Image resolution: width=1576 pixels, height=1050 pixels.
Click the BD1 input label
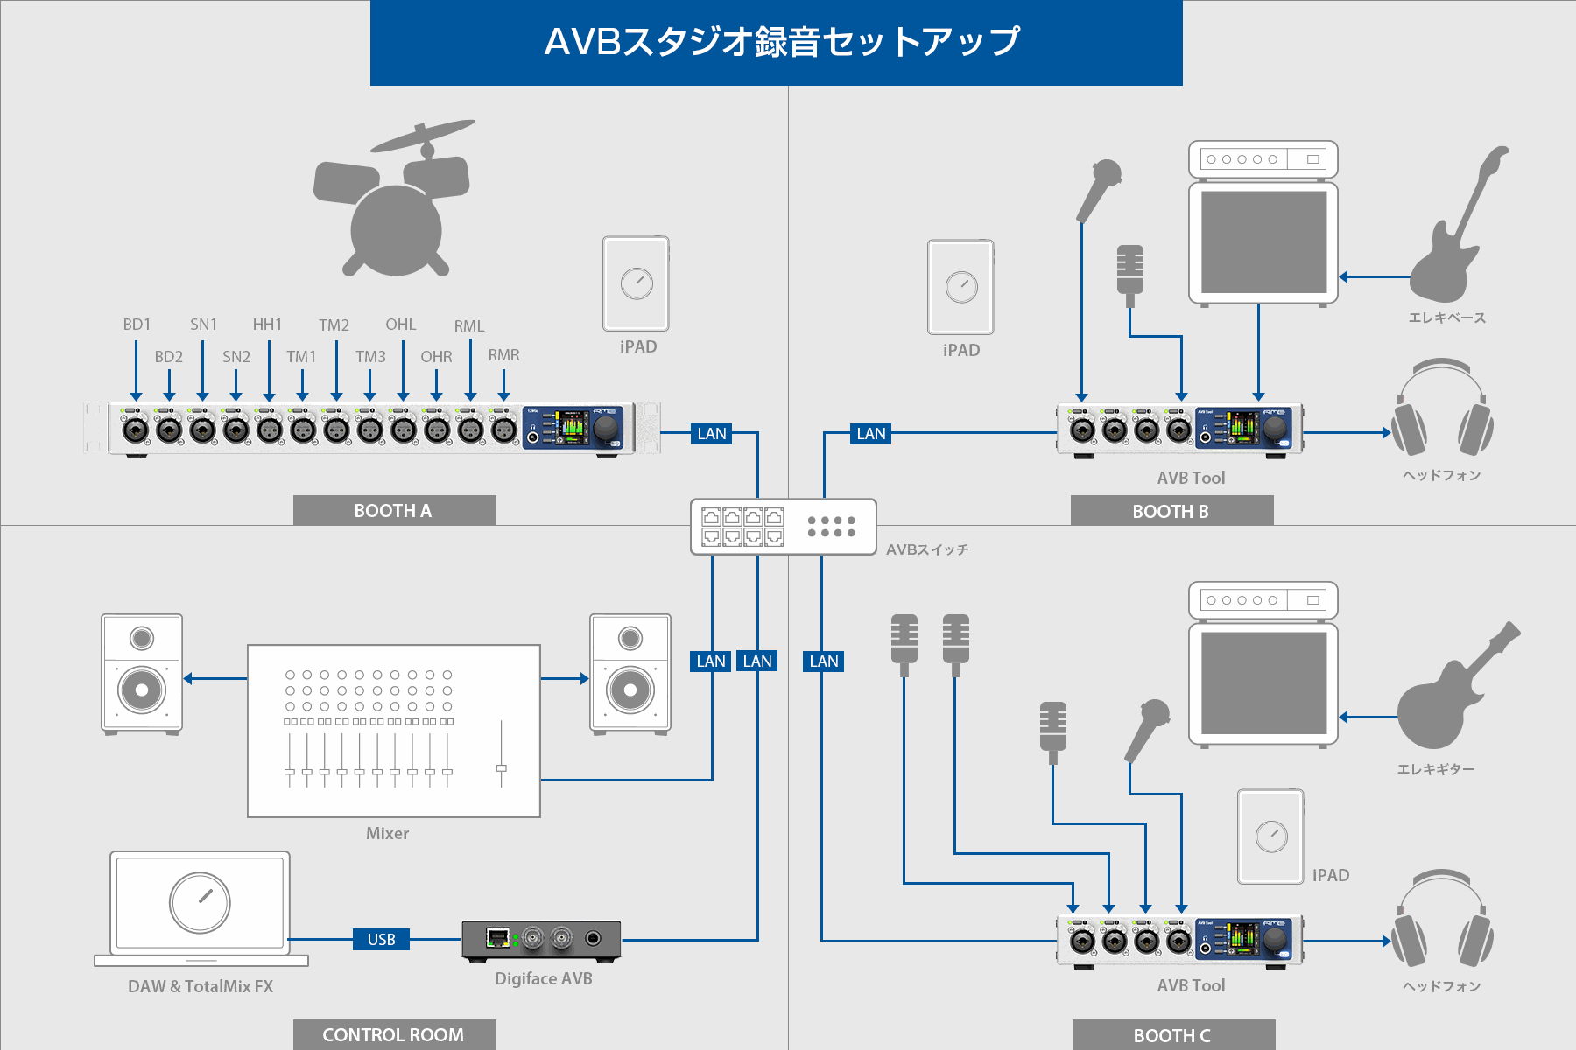pos(137,325)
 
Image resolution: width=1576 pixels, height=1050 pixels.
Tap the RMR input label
pos(503,355)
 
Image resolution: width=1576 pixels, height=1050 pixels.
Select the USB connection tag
pos(381,939)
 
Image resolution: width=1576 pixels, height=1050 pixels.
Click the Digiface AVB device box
pos(541,941)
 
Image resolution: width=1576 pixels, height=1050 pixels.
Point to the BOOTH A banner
pos(394,510)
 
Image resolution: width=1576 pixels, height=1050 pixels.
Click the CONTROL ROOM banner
pos(394,1034)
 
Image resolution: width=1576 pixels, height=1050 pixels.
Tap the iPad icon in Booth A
pos(636,283)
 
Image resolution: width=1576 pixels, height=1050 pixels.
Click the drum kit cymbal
pos(423,136)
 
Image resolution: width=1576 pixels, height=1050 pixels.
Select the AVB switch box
pos(783,527)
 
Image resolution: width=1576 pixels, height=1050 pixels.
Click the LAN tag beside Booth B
pos(870,433)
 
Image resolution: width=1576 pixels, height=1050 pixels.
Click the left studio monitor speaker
pos(142,672)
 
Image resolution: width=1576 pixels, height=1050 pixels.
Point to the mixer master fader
pos(501,767)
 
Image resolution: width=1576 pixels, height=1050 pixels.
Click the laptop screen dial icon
pos(200,902)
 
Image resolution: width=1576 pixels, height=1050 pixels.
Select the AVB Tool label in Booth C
pos(1191,985)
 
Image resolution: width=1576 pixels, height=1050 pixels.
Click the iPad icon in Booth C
pos(1270,836)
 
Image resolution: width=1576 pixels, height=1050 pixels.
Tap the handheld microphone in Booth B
pos(1100,188)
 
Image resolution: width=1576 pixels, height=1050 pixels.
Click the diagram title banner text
pos(781,42)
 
